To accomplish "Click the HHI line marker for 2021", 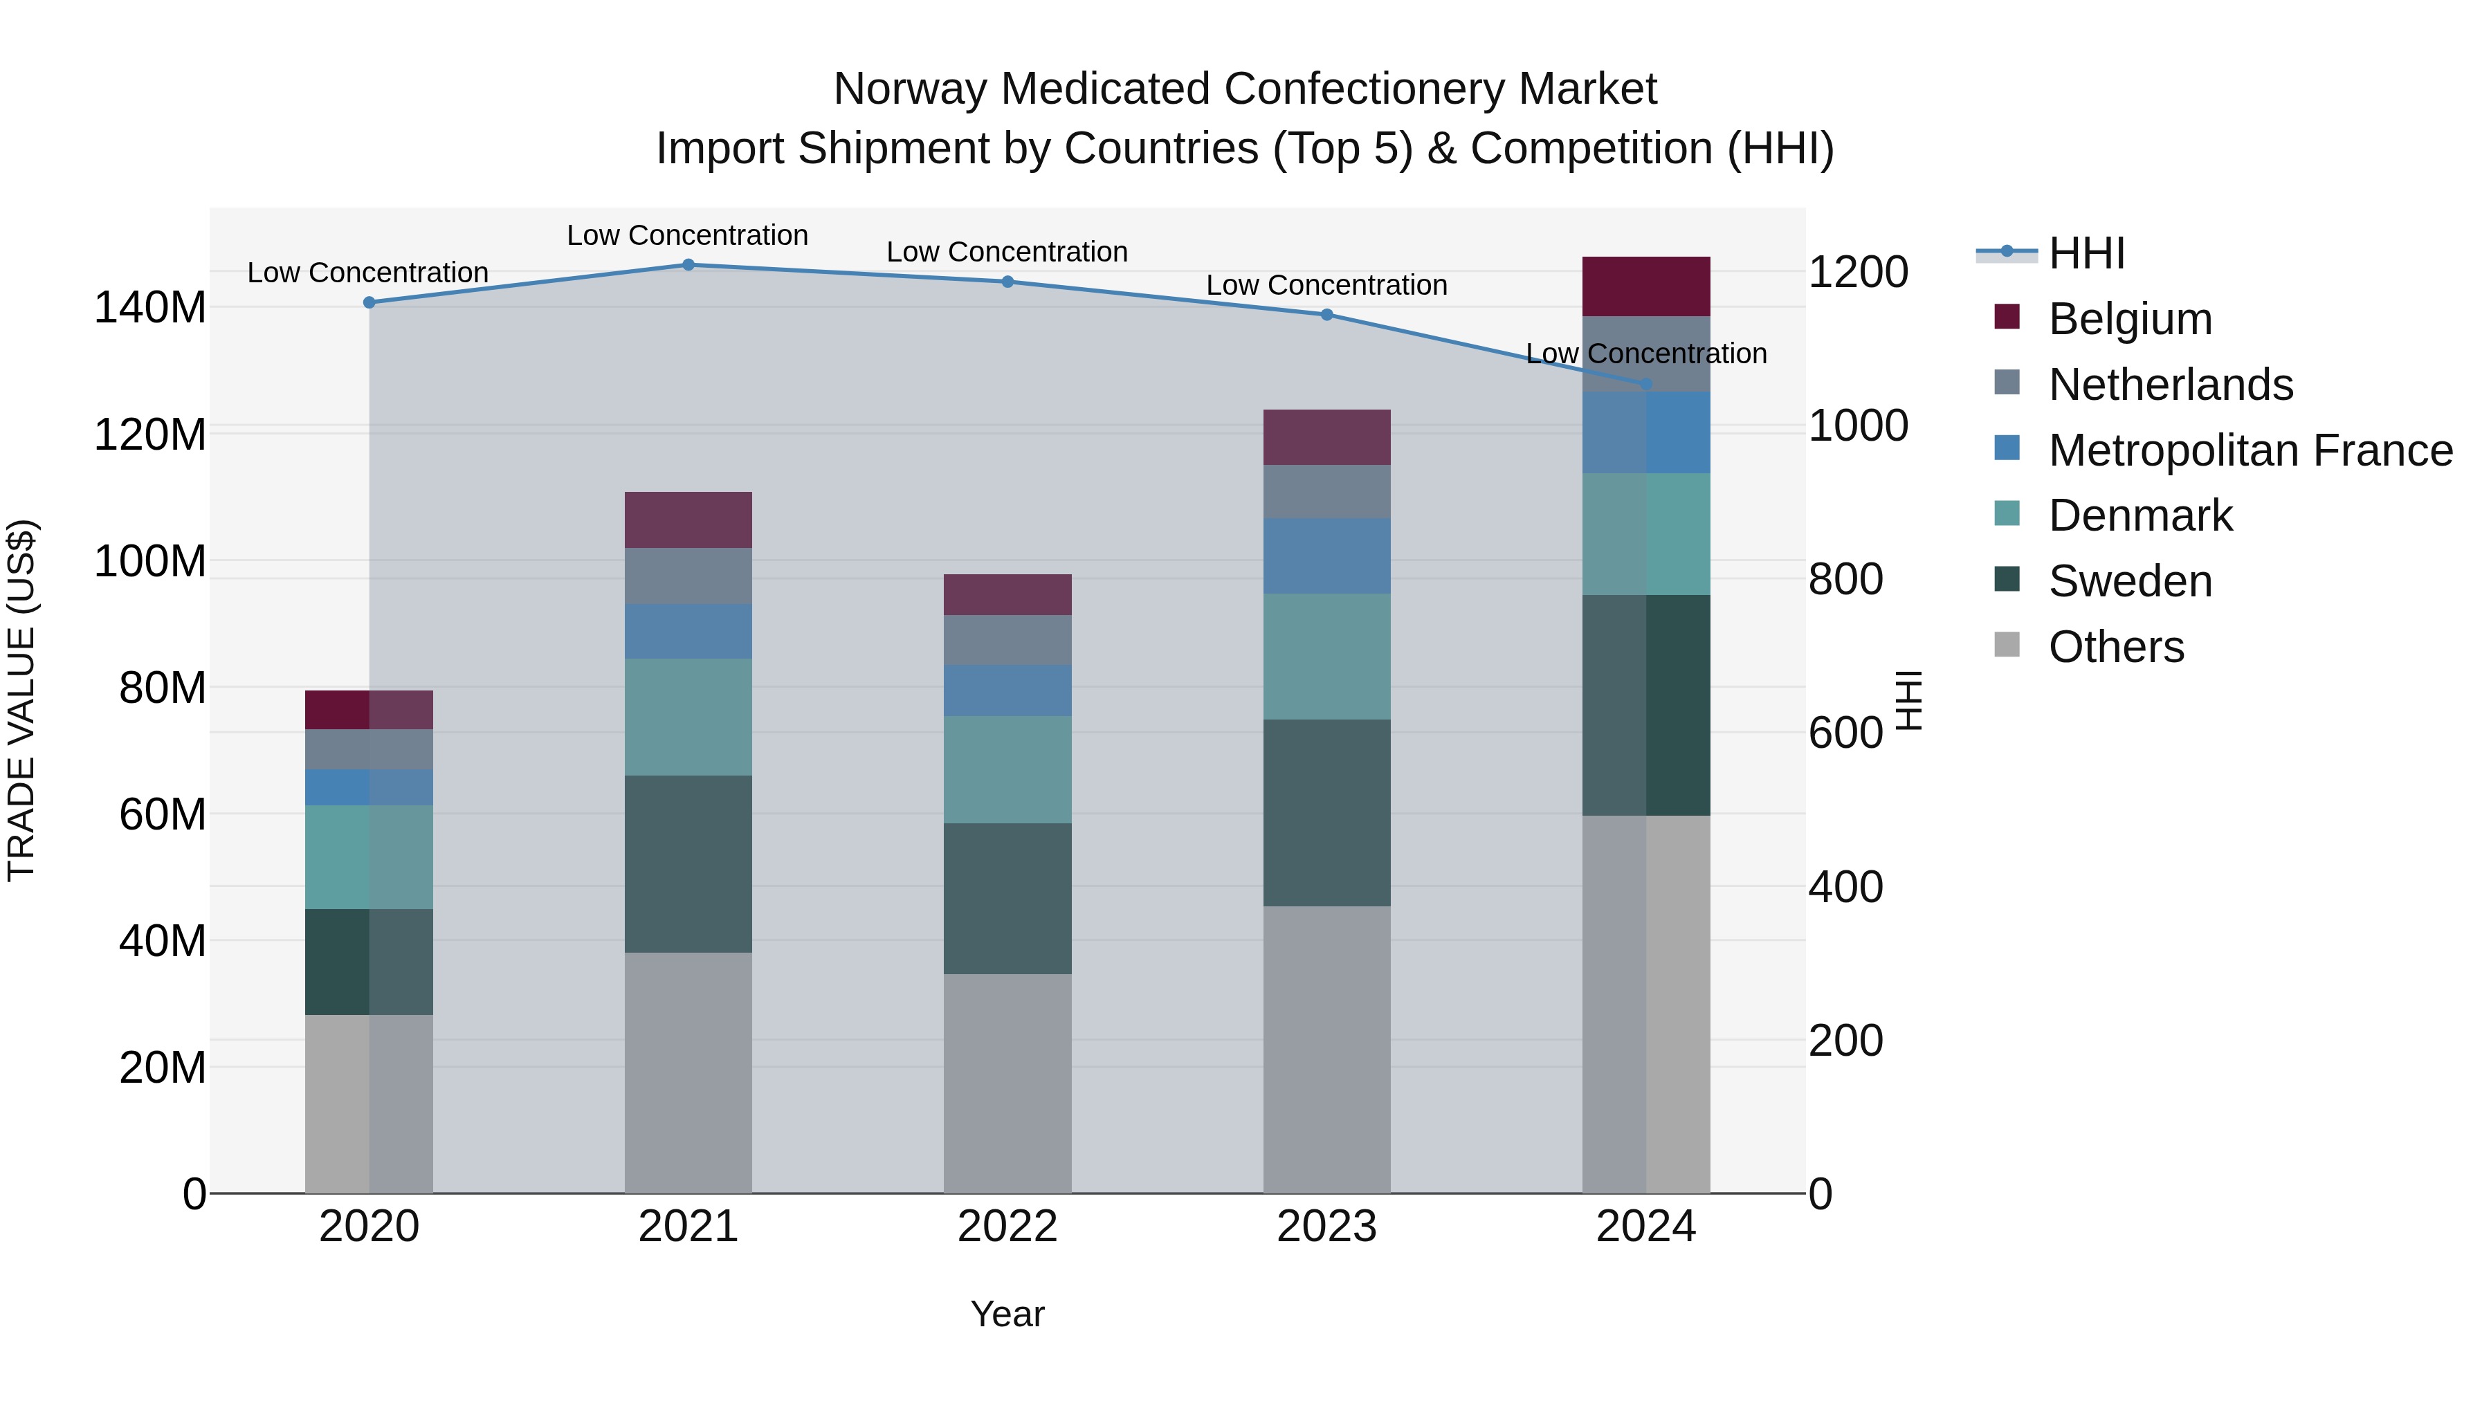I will [x=688, y=265].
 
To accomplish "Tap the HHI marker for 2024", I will [x=1647, y=385].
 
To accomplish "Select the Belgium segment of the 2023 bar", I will [x=1326, y=437].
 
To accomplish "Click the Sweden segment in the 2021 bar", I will [x=688, y=863].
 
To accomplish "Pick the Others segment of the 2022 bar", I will [x=1007, y=1083].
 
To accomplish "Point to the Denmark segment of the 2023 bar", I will [x=1326, y=657].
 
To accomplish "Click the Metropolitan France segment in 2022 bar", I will [x=1007, y=690].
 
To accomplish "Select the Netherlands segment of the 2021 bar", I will [x=688, y=576].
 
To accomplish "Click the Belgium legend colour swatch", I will [x=2007, y=317].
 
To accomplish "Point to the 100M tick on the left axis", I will [x=150, y=562].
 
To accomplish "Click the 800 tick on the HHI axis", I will [x=1845, y=579].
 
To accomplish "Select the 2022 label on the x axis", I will [x=1007, y=1227].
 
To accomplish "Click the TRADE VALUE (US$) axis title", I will [x=21, y=700].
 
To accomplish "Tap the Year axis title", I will [x=1007, y=1314].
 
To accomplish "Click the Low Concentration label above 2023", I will [x=1326, y=285].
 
